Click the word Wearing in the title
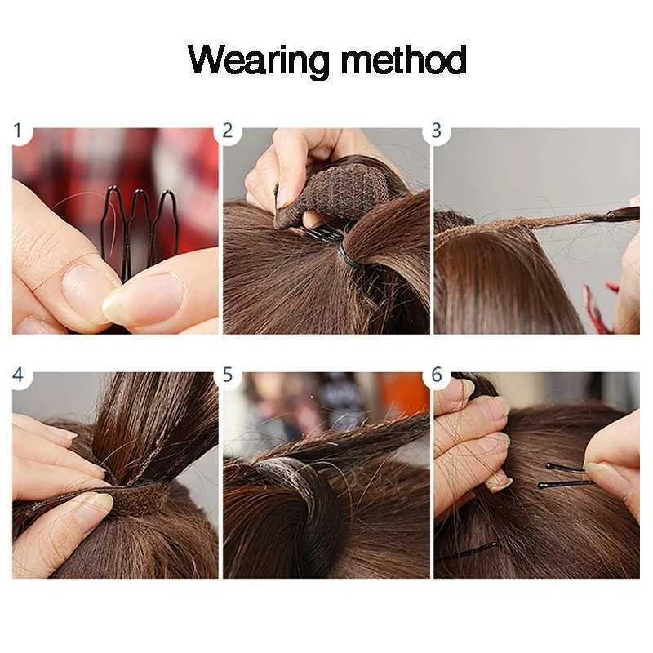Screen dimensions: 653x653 point(258,60)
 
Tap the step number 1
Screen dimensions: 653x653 point(17,131)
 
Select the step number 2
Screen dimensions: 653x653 point(228,131)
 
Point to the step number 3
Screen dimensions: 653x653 point(437,131)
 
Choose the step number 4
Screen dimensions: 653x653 point(17,375)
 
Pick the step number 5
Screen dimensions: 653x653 point(228,375)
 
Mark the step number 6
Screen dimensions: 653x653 point(437,375)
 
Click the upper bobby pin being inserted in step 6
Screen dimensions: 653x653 point(566,468)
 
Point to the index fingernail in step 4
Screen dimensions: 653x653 point(95,502)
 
